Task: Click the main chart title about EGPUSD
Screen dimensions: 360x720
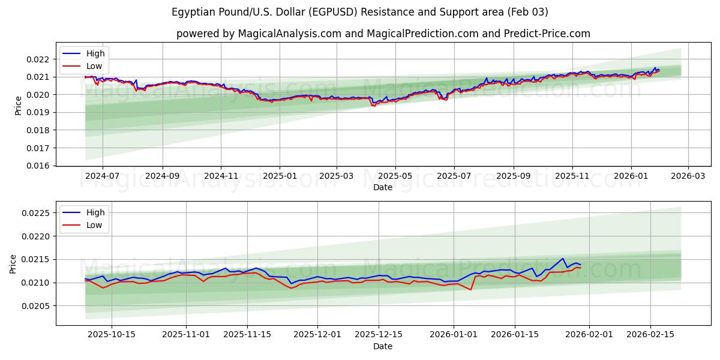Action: (360, 12)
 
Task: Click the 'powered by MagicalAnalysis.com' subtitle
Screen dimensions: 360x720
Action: (383, 34)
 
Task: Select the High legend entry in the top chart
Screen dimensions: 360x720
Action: (95, 53)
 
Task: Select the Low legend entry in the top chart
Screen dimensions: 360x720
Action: (94, 66)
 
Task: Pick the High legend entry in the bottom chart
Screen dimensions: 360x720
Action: (95, 212)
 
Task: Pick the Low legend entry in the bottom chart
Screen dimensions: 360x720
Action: (94, 225)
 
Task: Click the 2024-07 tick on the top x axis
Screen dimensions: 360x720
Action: (103, 176)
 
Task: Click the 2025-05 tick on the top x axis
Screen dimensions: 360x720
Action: (395, 176)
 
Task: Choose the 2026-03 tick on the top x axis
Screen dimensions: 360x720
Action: (688, 176)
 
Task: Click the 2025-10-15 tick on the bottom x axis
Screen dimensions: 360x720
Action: (112, 335)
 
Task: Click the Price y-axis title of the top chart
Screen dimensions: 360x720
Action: (18, 106)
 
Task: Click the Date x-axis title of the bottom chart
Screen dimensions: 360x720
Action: (383, 346)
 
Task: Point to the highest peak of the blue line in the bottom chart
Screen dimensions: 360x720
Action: (563, 259)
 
